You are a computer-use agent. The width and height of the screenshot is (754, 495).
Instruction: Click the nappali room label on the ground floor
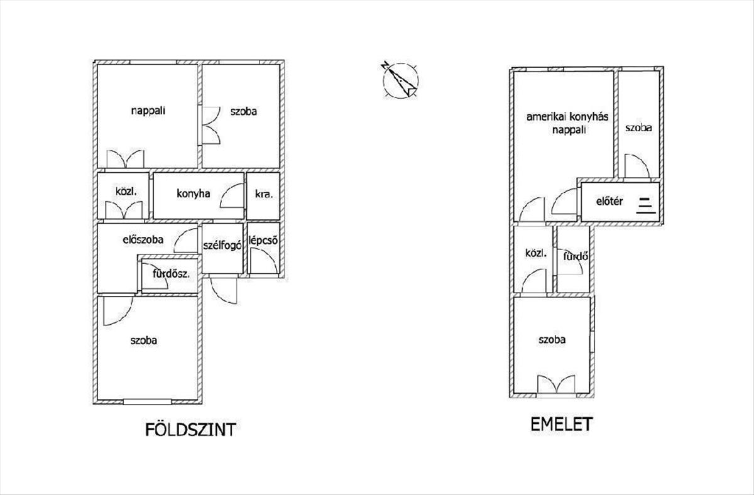(x=148, y=111)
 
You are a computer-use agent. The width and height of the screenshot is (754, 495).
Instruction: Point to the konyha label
(x=193, y=194)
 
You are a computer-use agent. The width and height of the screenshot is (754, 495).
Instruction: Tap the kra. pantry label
(x=263, y=195)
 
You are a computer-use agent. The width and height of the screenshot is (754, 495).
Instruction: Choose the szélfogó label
(x=222, y=246)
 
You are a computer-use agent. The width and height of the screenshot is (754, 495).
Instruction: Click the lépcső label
(x=264, y=241)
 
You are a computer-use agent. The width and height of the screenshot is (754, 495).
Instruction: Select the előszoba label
(x=143, y=239)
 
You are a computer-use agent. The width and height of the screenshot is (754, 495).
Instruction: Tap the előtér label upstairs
(x=609, y=202)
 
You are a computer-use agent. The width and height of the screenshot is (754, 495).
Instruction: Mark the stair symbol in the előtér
(x=645, y=205)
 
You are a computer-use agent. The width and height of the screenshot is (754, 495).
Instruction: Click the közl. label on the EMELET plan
(x=536, y=254)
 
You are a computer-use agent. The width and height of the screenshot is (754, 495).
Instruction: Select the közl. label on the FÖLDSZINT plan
(x=123, y=192)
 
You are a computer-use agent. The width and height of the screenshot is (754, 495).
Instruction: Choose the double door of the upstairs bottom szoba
(x=557, y=384)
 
